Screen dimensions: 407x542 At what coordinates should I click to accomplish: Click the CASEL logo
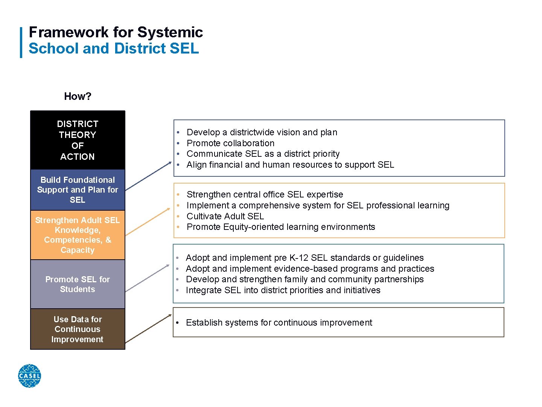(x=29, y=376)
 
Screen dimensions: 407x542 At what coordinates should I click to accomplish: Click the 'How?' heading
(x=78, y=96)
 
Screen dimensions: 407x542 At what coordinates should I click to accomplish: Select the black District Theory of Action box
(x=78, y=140)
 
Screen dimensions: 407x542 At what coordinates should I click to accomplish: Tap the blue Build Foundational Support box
(x=78, y=190)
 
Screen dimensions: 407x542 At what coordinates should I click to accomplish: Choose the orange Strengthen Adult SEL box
(x=78, y=235)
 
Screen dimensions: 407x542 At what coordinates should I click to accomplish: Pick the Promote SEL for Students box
(x=78, y=284)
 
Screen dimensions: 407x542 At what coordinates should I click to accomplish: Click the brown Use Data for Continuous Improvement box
(x=78, y=329)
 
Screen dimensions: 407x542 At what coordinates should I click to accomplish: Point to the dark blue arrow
(x=148, y=176)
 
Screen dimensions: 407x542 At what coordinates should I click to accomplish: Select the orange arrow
(x=148, y=222)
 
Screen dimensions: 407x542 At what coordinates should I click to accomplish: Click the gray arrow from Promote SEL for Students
(x=148, y=278)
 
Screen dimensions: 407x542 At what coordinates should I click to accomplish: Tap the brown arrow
(x=148, y=329)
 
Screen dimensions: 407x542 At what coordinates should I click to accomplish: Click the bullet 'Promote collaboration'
(x=230, y=143)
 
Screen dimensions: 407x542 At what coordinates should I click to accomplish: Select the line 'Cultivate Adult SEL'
(x=225, y=216)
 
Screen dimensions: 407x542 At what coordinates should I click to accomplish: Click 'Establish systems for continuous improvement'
(x=279, y=323)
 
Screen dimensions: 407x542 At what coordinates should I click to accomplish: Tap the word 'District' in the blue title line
(x=140, y=49)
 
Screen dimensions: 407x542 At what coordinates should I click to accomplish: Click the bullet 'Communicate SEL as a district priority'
(x=263, y=154)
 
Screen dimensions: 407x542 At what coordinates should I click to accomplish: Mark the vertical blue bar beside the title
(x=21, y=42)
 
